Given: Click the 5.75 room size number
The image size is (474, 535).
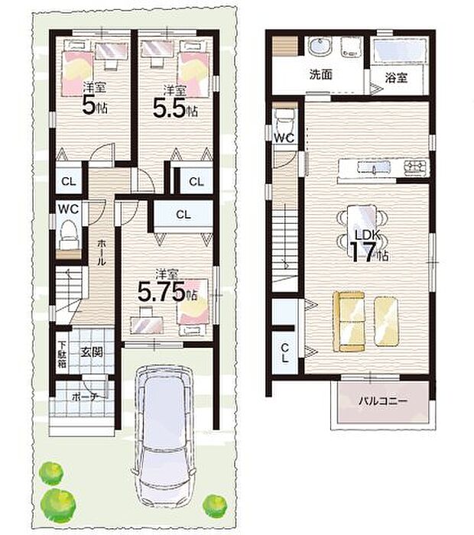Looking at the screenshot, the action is pyautogui.click(x=162, y=292).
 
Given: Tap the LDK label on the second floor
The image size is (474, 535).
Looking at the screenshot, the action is pyautogui.click(x=368, y=235).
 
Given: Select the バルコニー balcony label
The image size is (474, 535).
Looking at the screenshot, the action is pyautogui.click(x=382, y=400).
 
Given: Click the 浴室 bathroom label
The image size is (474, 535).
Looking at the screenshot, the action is pyautogui.click(x=396, y=78).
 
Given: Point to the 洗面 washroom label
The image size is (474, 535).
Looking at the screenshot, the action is pyautogui.click(x=321, y=74).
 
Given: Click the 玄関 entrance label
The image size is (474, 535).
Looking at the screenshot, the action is pyautogui.click(x=92, y=352).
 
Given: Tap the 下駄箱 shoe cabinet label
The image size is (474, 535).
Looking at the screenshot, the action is pyautogui.click(x=62, y=354).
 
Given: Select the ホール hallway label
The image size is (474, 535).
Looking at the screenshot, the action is pyautogui.click(x=102, y=252).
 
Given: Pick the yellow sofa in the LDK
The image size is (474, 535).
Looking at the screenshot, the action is pyautogui.click(x=349, y=321).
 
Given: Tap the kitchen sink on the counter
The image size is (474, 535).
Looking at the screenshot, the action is pyautogui.click(x=374, y=167).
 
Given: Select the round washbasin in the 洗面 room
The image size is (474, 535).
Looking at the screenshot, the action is pyautogui.click(x=320, y=46).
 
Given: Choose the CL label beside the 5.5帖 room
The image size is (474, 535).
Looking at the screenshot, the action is pyautogui.click(x=196, y=182).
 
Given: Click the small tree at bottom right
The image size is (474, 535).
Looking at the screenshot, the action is pyautogui.click(x=215, y=506).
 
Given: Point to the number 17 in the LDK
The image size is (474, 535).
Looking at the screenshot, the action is pyautogui.click(x=362, y=252).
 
